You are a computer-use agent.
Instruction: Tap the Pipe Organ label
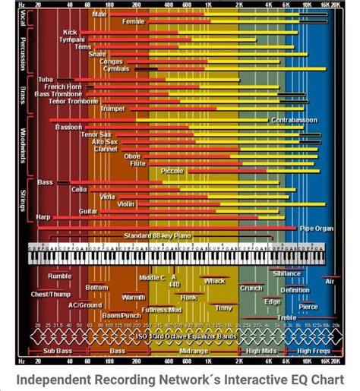pyautogui.click(x=316, y=228)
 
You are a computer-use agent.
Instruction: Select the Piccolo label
pyautogui.click(x=172, y=172)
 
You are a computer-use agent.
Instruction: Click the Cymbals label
pyautogui.click(x=115, y=68)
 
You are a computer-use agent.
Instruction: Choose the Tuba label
pyautogui.click(x=46, y=79)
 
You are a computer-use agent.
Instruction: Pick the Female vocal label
pyautogui.click(x=133, y=22)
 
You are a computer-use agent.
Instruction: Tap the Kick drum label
pyautogui.click(x=70, y=33)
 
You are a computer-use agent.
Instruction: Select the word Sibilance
pyautogui.click(x=287, y=273)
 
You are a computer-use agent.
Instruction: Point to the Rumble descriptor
pyautogui.click(x=60, y=276)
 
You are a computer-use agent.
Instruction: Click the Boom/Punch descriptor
pyautogui.click(x=122, y=315)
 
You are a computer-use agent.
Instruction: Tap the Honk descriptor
pyautogui.click(x=188, y=298)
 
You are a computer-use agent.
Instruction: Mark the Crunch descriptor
pyautogui.click(x=251, y=289)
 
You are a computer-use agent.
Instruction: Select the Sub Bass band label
pyautogui.click(x=58, y=351)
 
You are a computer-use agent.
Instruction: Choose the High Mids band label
pyautogui.click(x=261, y=351)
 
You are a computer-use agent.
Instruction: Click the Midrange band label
pyautogui.click(x=194, y=351)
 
